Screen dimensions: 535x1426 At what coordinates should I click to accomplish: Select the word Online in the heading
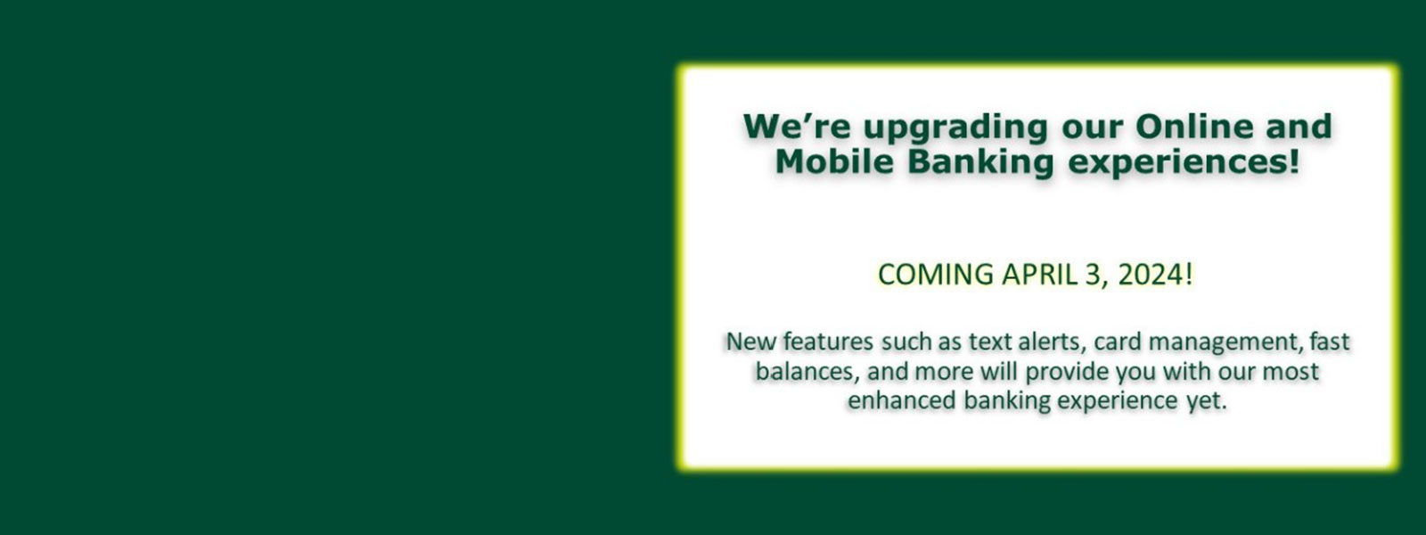click(x=1193, y=126)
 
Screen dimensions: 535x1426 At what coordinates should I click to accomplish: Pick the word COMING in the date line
click(x=936, y=274)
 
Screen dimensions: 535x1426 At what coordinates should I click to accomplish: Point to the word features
click(x=829, y=342)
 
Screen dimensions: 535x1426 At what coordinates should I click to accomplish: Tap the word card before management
click(x=1118, y=342)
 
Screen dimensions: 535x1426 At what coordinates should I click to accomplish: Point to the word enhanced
click(x=901, y=400)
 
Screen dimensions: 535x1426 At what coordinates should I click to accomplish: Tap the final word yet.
click(x=1206, y=401)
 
